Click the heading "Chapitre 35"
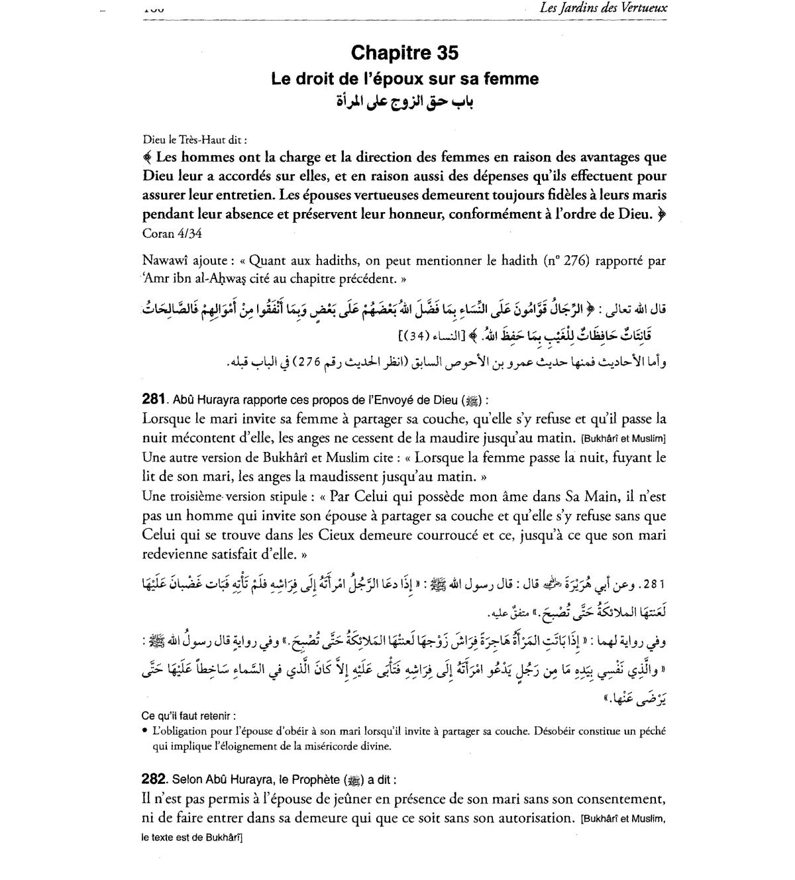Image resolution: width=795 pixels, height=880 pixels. click(404, 53)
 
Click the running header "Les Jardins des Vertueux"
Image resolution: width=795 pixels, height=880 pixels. click(604, 9)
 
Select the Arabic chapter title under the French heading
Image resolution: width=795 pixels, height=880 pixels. click(405, 103)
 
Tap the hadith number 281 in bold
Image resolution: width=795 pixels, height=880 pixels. click(153, 399)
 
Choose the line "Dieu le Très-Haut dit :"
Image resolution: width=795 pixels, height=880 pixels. click(195, 140)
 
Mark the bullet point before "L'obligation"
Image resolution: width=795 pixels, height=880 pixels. click(144, 732)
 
